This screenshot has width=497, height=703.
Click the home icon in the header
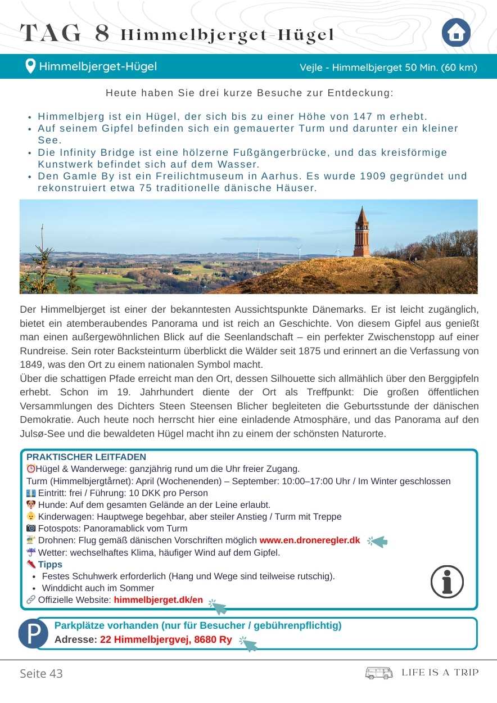(455, 33)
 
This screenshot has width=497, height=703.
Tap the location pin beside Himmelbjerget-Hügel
(31, 66)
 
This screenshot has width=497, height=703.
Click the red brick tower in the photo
(362, 233)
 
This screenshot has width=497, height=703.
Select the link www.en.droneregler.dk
(309, 540)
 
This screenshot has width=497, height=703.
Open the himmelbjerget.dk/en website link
(158, 600)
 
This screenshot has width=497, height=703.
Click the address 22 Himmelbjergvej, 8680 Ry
(166, 639)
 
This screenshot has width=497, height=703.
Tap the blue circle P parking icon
(34, 633)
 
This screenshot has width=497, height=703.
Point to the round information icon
(447, 582)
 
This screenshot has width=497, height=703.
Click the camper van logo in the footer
(379, 673)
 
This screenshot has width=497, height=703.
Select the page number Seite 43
(41, 673)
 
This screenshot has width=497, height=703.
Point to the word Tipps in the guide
(50, 564)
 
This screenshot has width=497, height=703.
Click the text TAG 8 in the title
(65, 34)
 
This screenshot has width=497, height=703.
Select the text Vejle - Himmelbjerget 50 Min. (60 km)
(388, 67)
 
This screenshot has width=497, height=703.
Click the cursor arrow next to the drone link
(378, 542)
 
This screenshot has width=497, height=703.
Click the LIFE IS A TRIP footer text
(440, 673)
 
